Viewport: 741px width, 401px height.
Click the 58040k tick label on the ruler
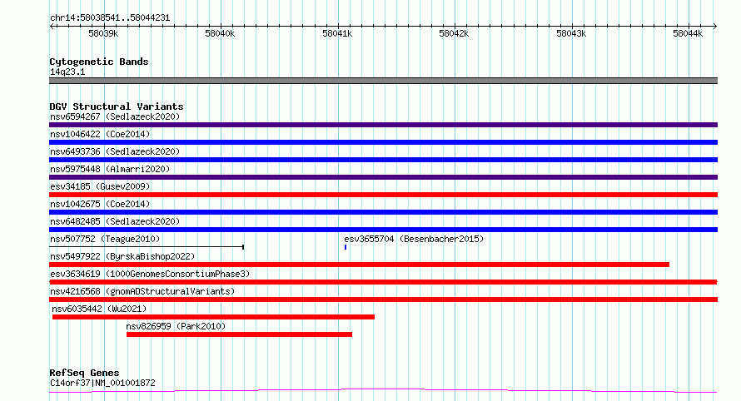221,34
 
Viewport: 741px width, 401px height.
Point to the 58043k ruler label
571,34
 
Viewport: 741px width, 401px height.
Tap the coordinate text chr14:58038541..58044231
110,17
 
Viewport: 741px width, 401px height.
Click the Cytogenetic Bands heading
99,62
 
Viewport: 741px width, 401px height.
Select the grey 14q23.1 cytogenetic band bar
383,81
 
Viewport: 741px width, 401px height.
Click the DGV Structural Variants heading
117,106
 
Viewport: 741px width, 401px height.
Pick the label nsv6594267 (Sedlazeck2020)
114,116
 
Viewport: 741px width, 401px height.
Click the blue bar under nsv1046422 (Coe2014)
383,142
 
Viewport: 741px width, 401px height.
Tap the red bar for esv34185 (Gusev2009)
383,195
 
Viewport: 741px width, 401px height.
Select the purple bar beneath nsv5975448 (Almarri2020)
383,177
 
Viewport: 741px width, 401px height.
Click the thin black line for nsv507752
147,247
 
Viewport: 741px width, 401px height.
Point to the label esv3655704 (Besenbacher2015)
413,239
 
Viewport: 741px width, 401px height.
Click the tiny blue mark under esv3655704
346,247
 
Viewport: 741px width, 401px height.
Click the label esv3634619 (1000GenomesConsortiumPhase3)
150,274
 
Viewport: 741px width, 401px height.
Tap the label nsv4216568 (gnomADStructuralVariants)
142,291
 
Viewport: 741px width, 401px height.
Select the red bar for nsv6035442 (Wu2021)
213,317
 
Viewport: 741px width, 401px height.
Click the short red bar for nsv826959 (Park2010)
239,334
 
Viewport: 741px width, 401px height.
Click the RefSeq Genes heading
84,373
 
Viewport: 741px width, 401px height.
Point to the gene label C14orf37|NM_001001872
102,384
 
